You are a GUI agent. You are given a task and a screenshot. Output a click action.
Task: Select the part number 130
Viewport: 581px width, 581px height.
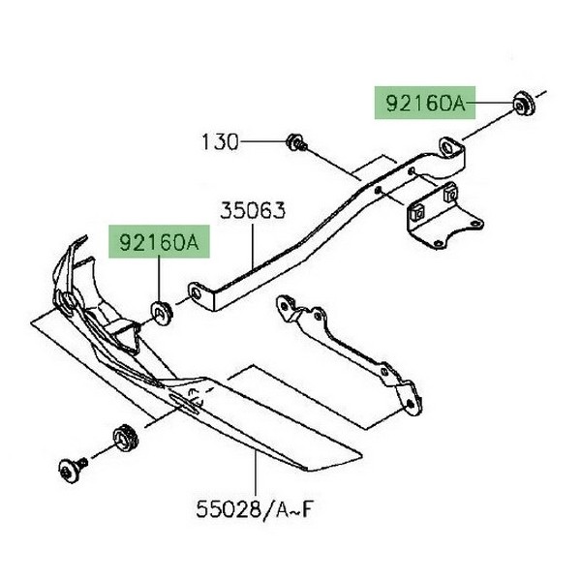pyautogui.click(x=219, y=142)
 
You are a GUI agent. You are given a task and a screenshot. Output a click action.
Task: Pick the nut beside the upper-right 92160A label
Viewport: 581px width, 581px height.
pyautogui.click(x=520, y=102)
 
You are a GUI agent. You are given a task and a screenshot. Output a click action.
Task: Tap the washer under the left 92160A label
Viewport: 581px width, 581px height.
pyautogui.click(x=159, y=311)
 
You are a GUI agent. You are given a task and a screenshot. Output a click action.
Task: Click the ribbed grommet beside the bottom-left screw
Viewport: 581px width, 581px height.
pyautogui.click(x=122, y=436)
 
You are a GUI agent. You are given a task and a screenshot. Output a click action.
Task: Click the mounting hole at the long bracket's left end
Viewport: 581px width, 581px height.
pyautogui.click(x=197, y=290)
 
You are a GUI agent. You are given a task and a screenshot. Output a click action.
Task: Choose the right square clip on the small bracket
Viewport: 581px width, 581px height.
pyautogui.click(x=449, y=197)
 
